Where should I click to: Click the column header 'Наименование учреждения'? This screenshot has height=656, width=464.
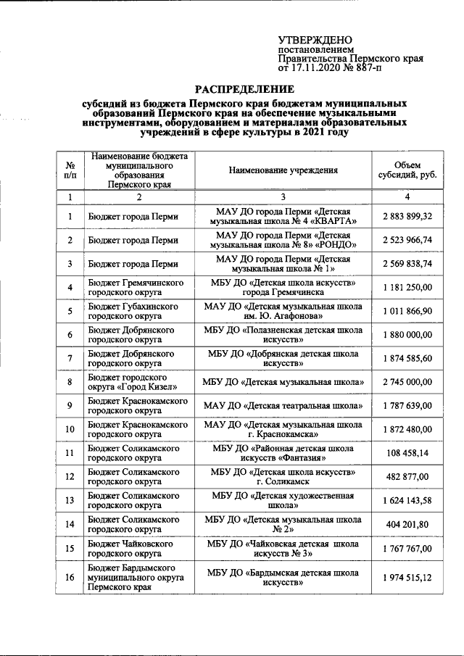(283, 170)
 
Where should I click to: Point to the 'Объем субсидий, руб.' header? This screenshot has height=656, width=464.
(407, 170)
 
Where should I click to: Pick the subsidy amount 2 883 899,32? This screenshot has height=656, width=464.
(407, 217)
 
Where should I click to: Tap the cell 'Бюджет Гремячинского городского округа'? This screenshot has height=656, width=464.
(136, 288)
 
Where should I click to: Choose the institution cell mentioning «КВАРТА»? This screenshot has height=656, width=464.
(283, 217)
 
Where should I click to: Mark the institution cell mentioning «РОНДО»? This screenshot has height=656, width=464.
(283, 240)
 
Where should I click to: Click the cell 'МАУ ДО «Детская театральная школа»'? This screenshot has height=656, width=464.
(283, 405)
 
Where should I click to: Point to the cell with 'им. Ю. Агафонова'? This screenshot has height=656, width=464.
(283, 312)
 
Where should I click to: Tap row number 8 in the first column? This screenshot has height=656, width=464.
(70, 382)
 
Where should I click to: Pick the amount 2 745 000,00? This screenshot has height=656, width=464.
(407, 382)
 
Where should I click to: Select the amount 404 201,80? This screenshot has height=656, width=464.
(407, 524)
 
